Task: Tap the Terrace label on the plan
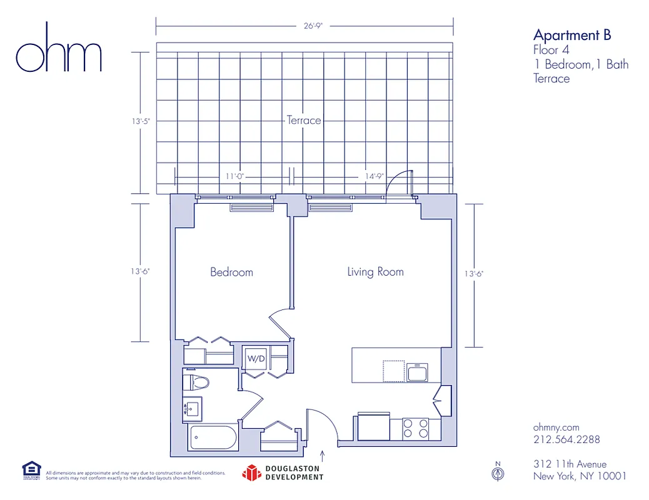coord(304,120)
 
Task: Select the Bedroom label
coord(231,272)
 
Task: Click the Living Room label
coord(375,272)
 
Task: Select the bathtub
coord(213,437)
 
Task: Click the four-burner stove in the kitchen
coord(416,428)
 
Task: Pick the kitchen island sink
coord(416,373)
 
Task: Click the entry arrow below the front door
coord(323,454)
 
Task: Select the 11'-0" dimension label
coord(234,176)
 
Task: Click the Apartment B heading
coord(571,36)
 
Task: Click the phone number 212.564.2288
coord(566,439)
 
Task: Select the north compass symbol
coord(498,473)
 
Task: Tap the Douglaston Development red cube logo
coord(251,473)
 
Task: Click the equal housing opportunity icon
coord(31,470)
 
